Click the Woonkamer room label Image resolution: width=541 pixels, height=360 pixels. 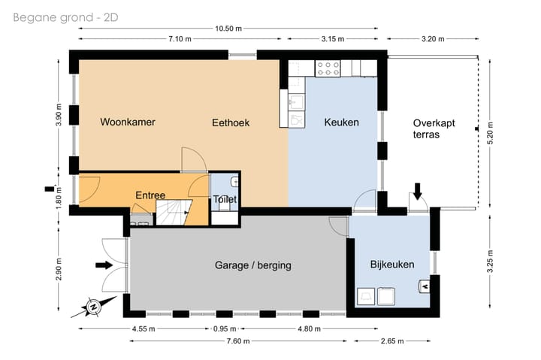click(128, 123)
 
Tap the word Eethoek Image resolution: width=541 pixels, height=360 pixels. click(230, 123)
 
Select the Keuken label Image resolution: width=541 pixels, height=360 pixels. click(341, 123)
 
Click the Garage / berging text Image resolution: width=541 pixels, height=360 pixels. click(252, 265)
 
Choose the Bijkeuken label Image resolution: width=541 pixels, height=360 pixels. click(391, 265)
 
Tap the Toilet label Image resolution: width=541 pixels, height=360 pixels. click(225, 200)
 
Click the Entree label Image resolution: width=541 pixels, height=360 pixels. click(150, 195)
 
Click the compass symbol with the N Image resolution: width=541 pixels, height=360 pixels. click(93, 307)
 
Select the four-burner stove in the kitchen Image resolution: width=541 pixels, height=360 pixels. click(328, 68)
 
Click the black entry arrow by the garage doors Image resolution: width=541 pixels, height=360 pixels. click(104, 265)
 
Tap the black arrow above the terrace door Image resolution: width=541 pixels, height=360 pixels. click(418, 189)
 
